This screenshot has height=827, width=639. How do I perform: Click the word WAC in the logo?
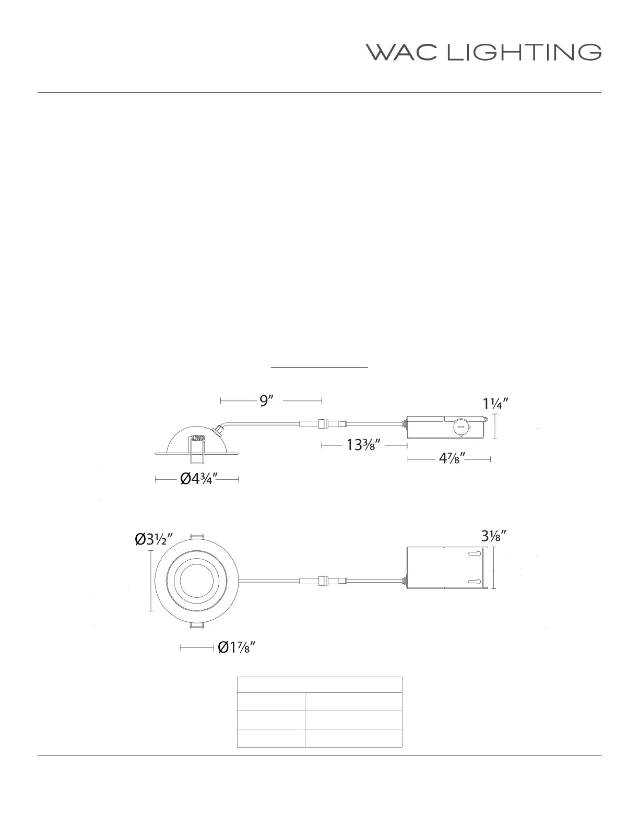coord(401,52)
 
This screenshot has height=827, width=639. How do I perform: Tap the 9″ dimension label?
coord(266,401)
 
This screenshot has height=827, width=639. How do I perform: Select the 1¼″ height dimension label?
coord(495,404)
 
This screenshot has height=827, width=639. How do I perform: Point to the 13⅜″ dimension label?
coord(363,444)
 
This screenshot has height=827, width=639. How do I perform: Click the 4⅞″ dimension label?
coord(452,458)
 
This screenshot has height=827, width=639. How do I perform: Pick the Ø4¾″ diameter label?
coord(199,479)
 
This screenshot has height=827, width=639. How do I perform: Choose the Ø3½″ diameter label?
coord(154,539)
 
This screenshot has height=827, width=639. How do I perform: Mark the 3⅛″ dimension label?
coord(494,536)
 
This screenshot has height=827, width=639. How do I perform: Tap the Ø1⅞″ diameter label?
coord(236,647)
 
